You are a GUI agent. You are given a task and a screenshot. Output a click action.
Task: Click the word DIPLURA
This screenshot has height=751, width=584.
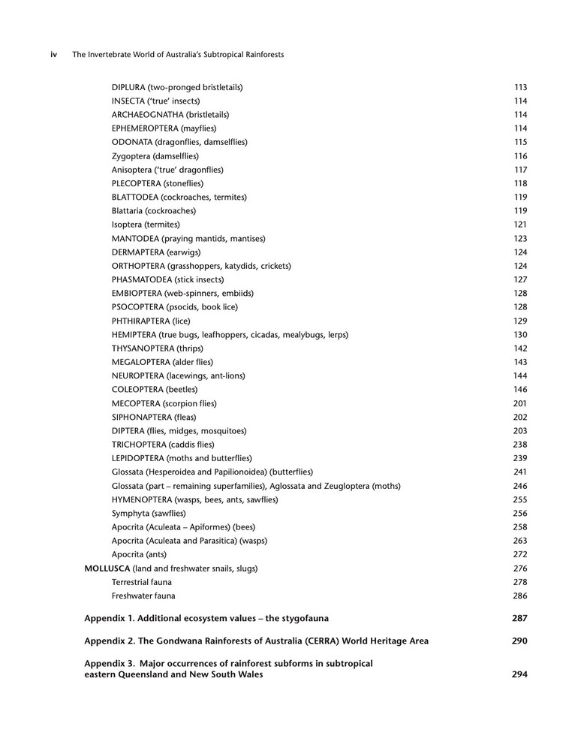coord(128,87)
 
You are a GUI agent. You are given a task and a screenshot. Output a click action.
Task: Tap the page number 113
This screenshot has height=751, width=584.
coord(520,87)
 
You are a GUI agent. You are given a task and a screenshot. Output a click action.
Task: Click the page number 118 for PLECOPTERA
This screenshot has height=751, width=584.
coord(520,183)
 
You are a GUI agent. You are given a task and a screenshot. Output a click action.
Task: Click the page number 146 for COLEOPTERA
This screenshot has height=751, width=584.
coord(520,390)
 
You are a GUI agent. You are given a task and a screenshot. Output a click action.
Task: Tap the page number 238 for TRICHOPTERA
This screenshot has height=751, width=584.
coord(520,445)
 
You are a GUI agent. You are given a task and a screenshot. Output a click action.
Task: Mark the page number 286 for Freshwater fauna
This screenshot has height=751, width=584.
coord(520,596)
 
